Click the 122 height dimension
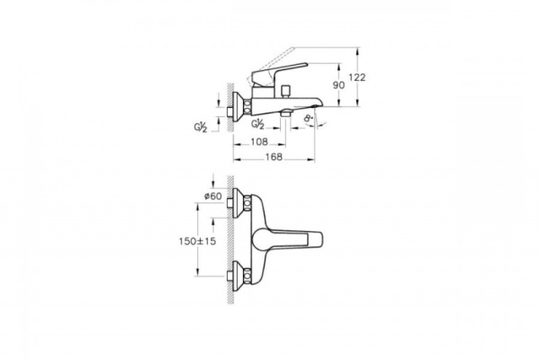point(358,78)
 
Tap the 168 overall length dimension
point(274,157)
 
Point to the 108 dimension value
point(260,141)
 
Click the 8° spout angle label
point(309,117)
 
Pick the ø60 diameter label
point(213,196)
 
